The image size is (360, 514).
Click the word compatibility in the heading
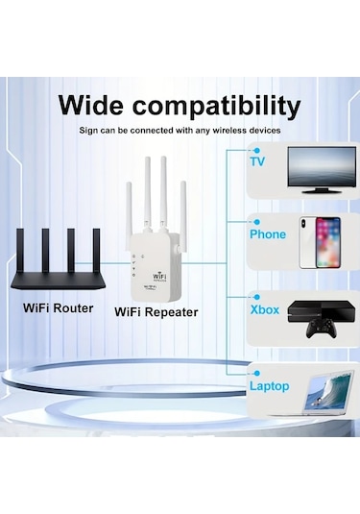pyautogui.click(x=219, y=106)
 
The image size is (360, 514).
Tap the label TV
pyautogui.click(x=257, y=161)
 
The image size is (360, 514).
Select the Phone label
pyautogui.click(x=268, y=233)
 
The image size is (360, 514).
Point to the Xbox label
pyautogui.click(x=264, y=310)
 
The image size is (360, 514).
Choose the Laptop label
pyautogui.click(x=269, y=386)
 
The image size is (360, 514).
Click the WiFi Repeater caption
pyautogui.click(x=156, y=311)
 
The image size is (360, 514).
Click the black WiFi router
pyautogui.click(x=60, y=270)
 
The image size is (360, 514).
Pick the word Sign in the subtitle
pyautogui.click(x=89, y=130)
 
